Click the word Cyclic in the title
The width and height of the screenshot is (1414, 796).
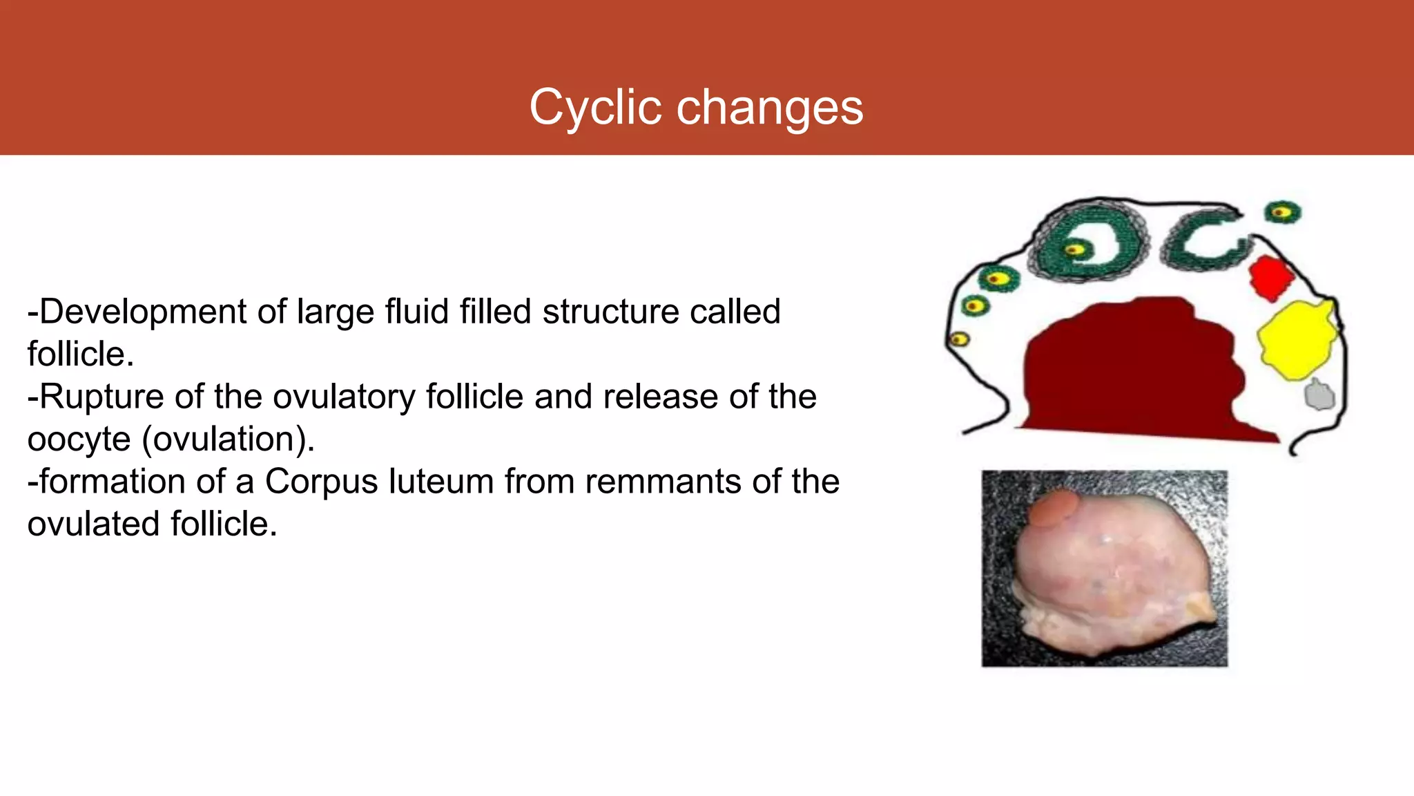tap(596, 108)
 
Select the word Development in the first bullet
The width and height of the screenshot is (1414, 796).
tap(143, 312)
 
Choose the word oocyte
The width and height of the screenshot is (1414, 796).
tap(79, 440)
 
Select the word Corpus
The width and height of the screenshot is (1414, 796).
tap(321, 482)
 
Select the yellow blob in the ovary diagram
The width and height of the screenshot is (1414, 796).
tap(1297, 339)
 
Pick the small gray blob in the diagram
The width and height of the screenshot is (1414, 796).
tap(1319, 395)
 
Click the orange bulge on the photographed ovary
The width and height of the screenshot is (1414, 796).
tap(1052, 508)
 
